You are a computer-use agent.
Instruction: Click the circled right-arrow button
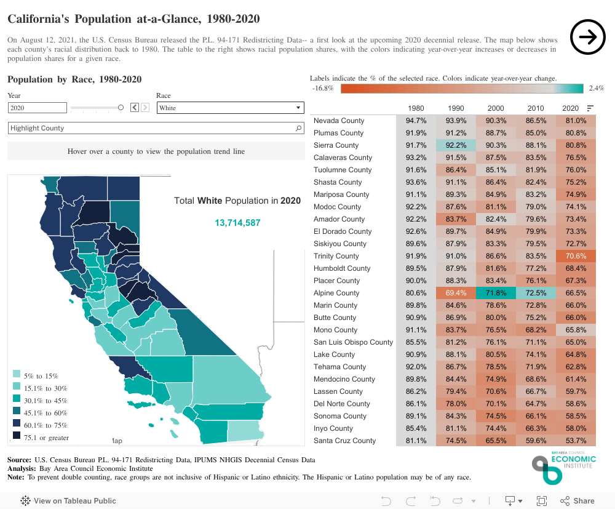(x=588, y=38)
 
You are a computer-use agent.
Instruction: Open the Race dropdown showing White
(x=230, y=108)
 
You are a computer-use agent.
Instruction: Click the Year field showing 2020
(x=37, y=108)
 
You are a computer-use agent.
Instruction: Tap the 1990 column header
(x=456, y=108)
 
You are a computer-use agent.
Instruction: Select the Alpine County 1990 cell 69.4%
(x=456, y=293)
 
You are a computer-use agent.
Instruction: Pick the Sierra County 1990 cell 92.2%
(x=456, y=145)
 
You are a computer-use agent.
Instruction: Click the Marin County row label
(x=335, y=305)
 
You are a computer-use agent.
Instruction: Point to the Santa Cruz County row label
(x=344, y=441)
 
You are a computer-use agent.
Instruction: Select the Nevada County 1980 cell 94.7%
(x=416, y=121)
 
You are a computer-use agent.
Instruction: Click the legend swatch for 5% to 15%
(x=17, y=375)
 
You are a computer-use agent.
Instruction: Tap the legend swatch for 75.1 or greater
(x=17, y=436)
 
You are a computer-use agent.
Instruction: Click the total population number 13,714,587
(x=237, y=223)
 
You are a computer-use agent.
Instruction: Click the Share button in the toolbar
(x=576, y=500)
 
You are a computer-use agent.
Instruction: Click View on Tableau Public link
(x=68, y=500)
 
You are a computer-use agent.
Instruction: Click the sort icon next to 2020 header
(x=590, y=108)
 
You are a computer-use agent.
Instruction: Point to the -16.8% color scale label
(x=323, y=89)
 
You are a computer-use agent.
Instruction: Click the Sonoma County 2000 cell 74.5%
(x=496, y=416)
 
